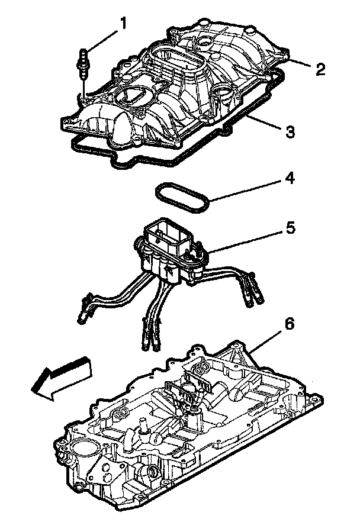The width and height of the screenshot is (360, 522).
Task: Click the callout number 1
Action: tap(124, 23)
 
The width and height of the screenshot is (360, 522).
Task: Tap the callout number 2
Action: tap(319, 70)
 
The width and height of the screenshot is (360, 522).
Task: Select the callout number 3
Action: tap(289, 131)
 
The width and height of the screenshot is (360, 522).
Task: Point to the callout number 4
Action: tap(290, 178)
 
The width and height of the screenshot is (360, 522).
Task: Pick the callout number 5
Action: tap(290, 228)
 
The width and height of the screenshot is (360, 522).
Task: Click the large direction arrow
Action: tap(60, 378)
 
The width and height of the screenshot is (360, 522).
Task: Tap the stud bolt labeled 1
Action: tap(83, 63)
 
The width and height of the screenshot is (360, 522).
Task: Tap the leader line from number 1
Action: tap(104, 38)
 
